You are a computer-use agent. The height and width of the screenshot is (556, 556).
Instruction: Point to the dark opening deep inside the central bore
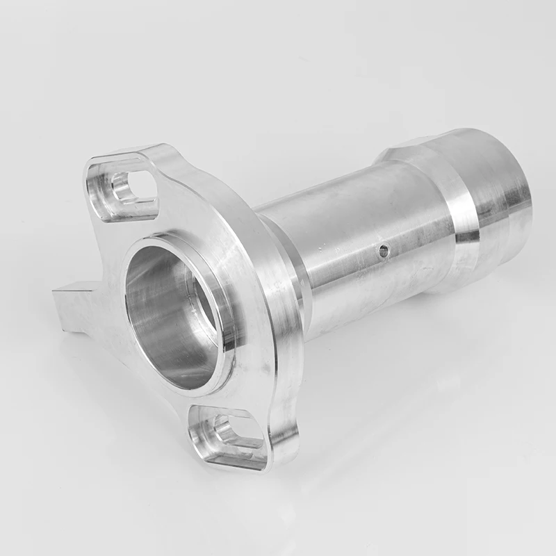pos(202,306)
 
